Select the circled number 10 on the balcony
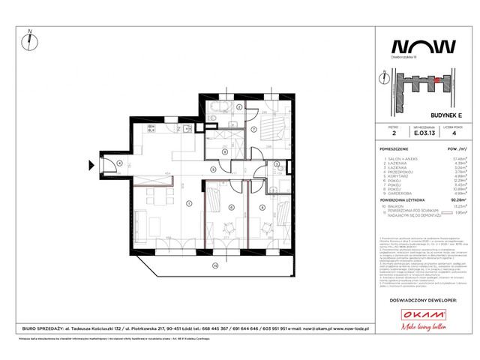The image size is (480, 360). click(214, 265)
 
